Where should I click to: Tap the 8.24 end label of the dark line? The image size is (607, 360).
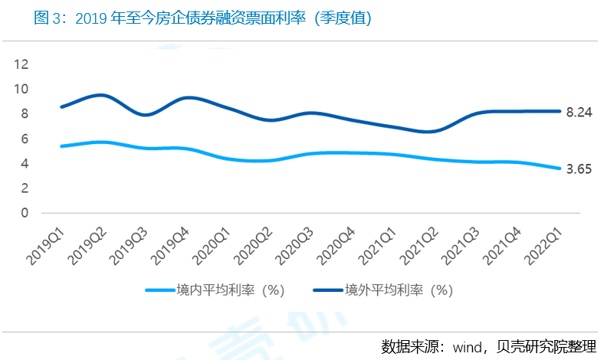click(579, 112)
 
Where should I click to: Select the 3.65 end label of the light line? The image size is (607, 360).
click(579, 169)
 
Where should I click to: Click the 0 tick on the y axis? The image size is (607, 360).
click(25, 213)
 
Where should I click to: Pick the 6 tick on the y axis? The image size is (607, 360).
click(25, 139)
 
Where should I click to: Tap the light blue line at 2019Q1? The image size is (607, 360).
click(61, 146)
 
